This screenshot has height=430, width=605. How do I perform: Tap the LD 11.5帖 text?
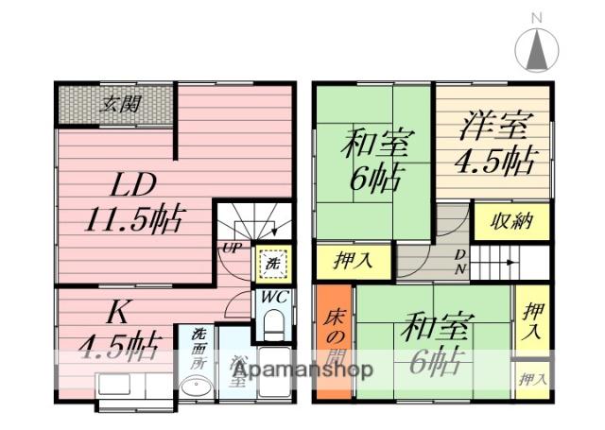pyautogui.click(x=132, y=203)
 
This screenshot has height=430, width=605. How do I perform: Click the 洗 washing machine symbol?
pyautogui.click(x=271, y=264)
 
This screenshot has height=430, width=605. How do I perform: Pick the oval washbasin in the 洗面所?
pyautogui.click(x=196, y=388)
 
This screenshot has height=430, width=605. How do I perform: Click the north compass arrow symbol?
pyautogui.click(x=536, y=47)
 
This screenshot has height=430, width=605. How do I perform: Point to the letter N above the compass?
pyautogui.click(x=536, y=17)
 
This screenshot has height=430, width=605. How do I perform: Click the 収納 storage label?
pyautogui.click(x=511, y=223)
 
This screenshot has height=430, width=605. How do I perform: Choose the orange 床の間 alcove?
pyautogui.click(x=336, y=340)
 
